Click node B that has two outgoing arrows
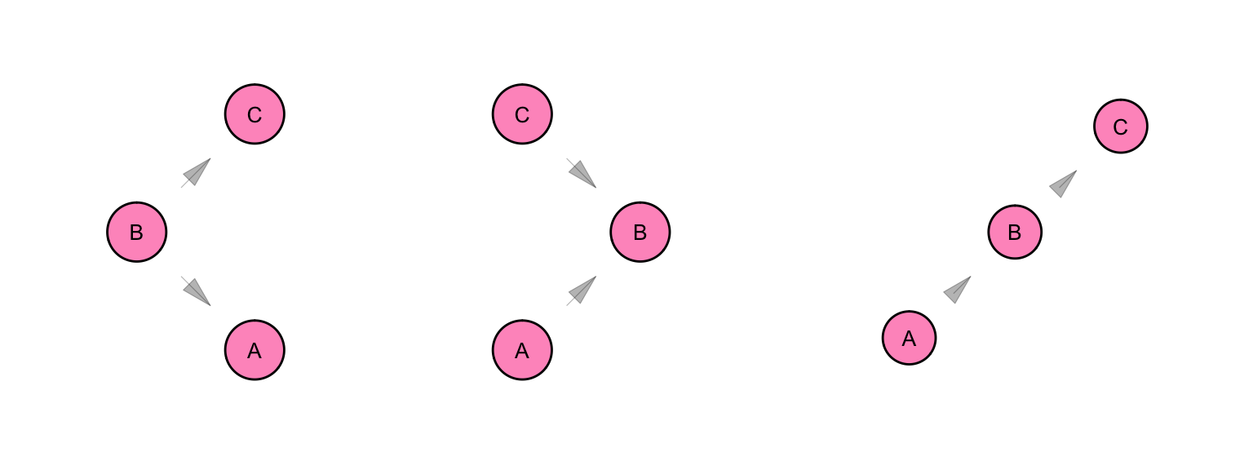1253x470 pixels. click(x=137, y=232)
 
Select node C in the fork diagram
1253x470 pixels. click(x=255, y=114)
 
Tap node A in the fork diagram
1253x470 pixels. click(x=255, y=350)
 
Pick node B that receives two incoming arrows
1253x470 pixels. click(x=640, y=232)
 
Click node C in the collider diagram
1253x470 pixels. click(x=522, y=114)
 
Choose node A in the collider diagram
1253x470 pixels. click(x=522, y=350)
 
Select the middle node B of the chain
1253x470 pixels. click(x=1016, y=232)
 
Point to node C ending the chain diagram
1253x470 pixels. click(x=1121, y=126)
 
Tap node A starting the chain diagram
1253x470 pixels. click(x=910, y=338)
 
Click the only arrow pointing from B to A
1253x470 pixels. click(x=196, y=291)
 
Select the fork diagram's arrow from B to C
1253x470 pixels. click(x=196, y=173)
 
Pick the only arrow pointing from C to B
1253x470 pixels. click(x=582, y=173)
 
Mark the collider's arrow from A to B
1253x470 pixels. click(x=582, y=290)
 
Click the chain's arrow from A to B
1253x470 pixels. click(x=958, y=290)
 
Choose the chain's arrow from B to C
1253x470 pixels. click(x=1064, y=184)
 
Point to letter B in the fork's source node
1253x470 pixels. click(x=136, y=233)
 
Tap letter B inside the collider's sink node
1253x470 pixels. click(x=640, y=233)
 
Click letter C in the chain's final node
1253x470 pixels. click(x=1120, y=127)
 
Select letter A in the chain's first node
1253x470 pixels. click(x=910, y=339)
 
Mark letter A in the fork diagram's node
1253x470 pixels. click(x=255, y=351)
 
